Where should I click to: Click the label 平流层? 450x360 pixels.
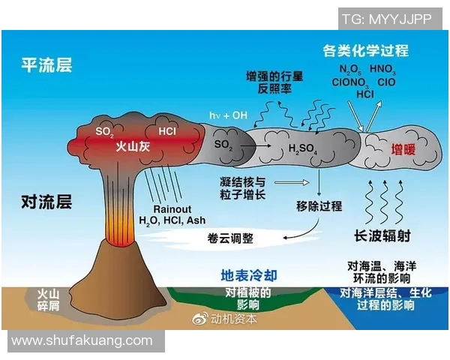[46, 65]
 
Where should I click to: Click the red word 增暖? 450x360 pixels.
[403, 149]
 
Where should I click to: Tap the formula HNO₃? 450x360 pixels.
[382, 70]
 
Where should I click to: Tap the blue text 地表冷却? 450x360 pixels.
[247, 273]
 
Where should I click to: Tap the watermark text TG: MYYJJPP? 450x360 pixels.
[386, 19]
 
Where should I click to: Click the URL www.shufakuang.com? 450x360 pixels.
[82, 341]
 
